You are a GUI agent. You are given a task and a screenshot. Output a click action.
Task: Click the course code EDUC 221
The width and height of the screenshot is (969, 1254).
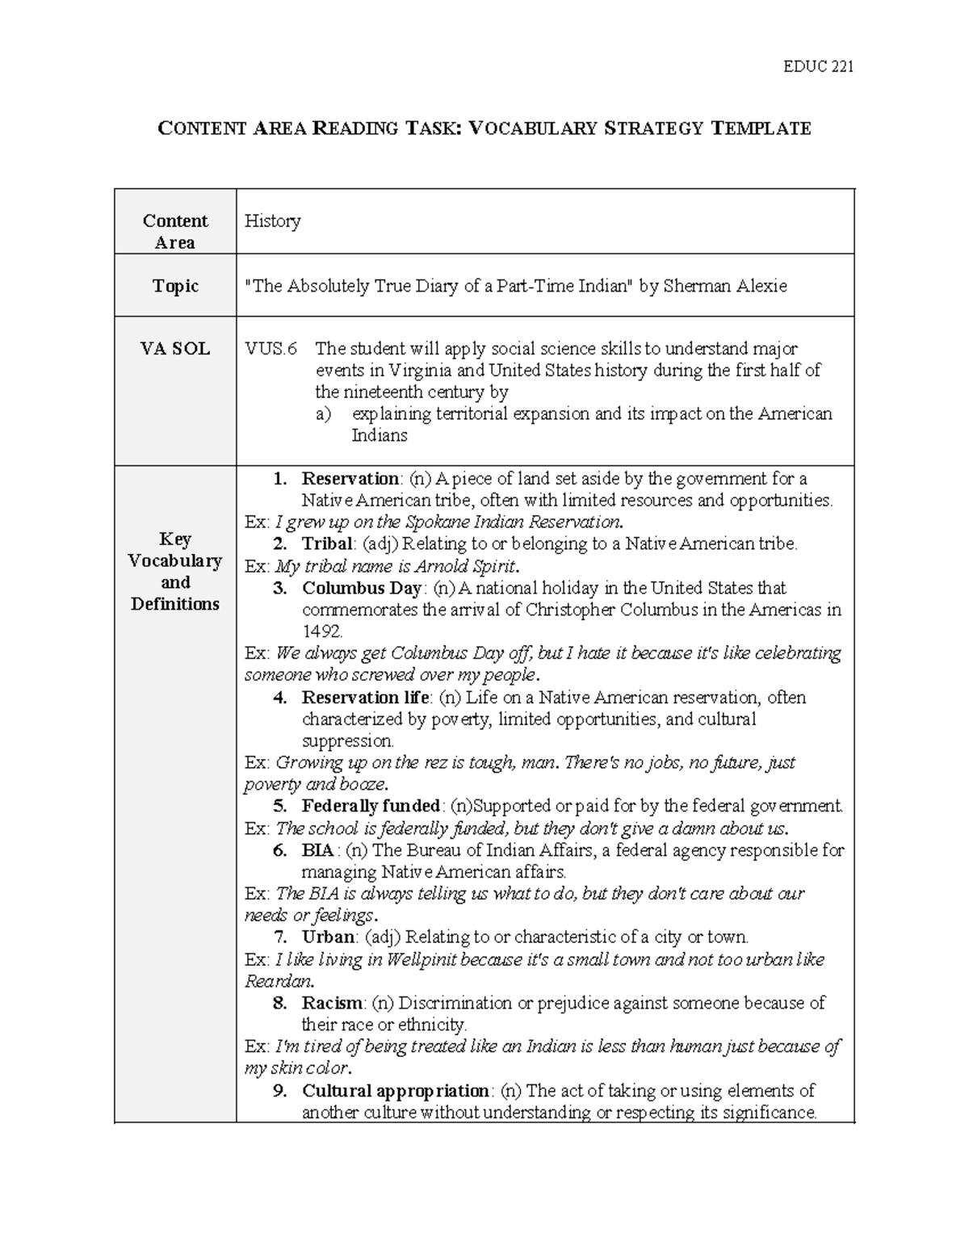[818, 66]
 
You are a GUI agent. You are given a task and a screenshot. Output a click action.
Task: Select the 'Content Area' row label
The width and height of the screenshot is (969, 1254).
[175, 232]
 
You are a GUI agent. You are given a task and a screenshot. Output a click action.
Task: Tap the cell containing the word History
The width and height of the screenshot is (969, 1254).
[273, 221]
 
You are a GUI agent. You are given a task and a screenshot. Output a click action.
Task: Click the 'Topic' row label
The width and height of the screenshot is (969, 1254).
[175, 286]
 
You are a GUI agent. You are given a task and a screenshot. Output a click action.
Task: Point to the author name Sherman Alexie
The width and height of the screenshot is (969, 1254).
[724, 286]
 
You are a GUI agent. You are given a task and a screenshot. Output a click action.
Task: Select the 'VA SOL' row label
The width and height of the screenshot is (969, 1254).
[175, 349]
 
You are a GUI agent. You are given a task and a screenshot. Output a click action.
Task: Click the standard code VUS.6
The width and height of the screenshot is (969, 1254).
[271, 349]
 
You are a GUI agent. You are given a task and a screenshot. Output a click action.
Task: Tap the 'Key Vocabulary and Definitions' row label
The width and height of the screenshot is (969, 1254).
[175, 572]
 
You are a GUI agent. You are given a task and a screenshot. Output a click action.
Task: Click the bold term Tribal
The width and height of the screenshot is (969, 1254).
[327, 543]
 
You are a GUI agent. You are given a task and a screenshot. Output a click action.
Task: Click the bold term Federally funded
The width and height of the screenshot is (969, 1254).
[371, 806]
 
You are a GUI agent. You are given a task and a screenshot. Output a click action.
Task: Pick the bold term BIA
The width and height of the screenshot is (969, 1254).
[317, 849]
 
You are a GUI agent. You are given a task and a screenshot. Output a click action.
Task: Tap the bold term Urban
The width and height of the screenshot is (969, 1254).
[328, 937]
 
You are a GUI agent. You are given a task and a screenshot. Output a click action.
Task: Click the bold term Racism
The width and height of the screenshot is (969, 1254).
[332, 1003]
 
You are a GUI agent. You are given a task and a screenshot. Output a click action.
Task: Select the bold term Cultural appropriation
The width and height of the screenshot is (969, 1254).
[395, 1091]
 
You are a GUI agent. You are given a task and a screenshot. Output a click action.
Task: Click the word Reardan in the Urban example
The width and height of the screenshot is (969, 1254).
[278, 981]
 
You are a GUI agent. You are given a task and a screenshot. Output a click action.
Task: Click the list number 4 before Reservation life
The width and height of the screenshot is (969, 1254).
[279, 698]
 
